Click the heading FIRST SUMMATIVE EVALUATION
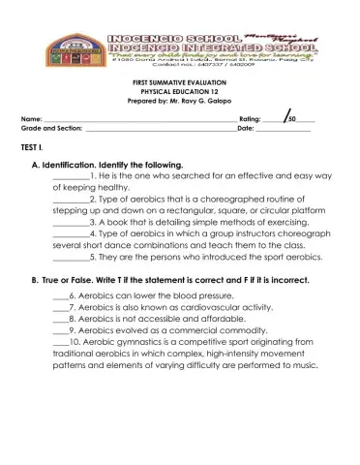coord(180,84)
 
